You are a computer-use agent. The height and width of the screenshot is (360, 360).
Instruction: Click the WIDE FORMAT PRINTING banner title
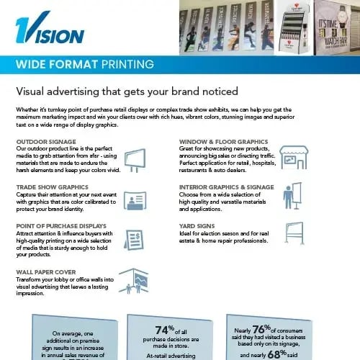[84, 64]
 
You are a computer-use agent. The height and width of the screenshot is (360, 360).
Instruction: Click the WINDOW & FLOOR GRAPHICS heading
[224, 142]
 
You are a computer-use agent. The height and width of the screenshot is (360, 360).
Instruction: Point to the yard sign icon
[294, 236]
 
